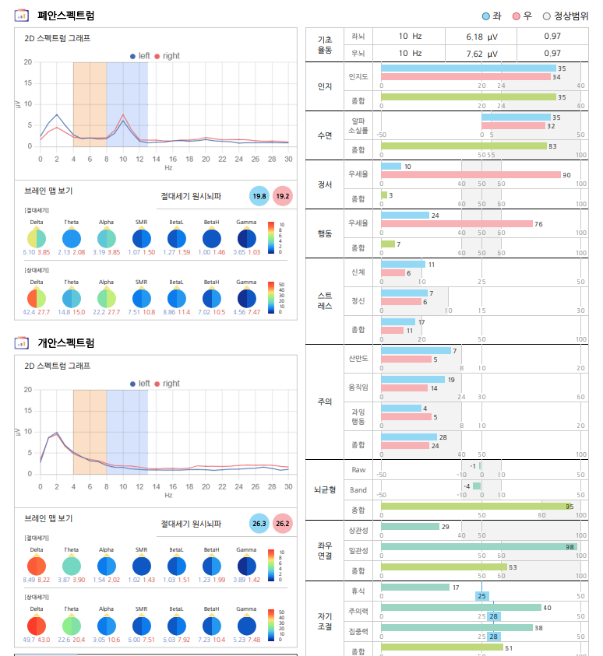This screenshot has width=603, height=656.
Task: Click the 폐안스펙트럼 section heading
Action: (x=66, y=15)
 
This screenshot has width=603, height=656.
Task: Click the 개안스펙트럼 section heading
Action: (x=66, y=342)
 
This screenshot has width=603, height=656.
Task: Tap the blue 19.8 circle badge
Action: (x=259, y=196)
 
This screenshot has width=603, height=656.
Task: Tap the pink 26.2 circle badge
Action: (x=282, y=524)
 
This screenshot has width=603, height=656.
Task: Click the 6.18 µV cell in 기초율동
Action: (x=481, y=37)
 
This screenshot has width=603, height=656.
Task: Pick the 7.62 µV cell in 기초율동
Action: (x=481, y=53)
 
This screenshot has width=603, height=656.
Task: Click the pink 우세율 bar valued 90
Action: (x=471, y=175)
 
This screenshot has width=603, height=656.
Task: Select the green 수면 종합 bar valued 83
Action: (x=464, y=146)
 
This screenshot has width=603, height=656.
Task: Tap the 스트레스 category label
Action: (x=325, y=300)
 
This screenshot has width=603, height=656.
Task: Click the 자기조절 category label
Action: (x=325, y=620)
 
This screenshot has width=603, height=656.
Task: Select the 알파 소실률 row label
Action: (x=358, y=125)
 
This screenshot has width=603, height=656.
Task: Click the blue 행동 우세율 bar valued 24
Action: (x=405, y=215)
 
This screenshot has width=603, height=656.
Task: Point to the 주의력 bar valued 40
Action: (x=460, y=608)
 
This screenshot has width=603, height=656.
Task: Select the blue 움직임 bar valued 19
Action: (x=413, y=379)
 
